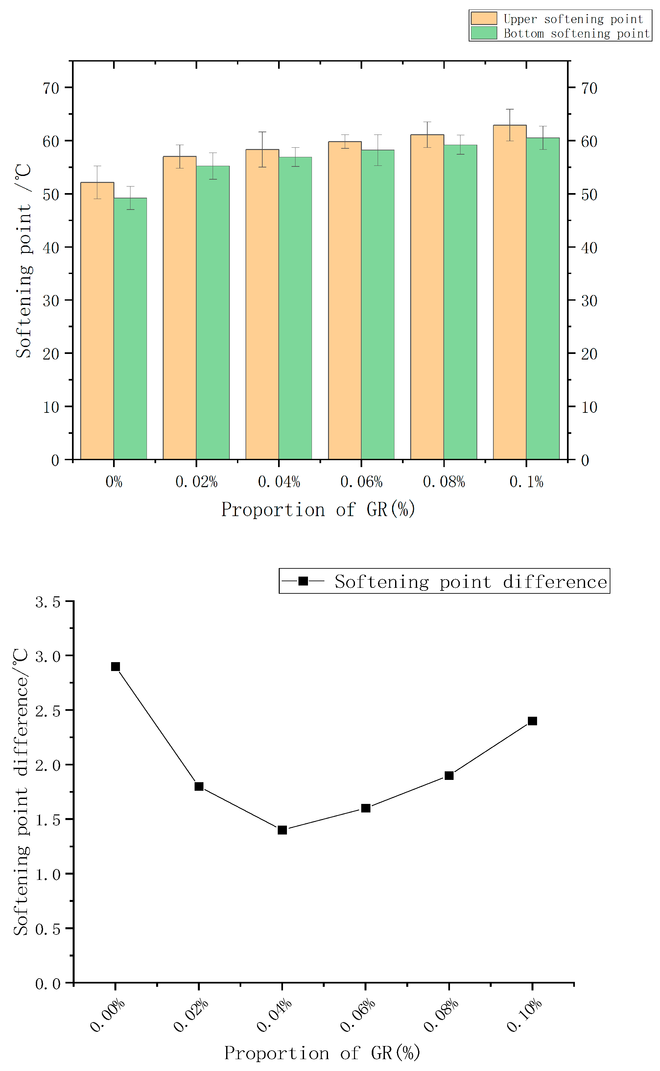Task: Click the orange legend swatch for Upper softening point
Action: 483,18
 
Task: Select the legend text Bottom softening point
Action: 576,34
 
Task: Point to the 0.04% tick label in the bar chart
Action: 279,482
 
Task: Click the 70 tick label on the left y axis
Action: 51,88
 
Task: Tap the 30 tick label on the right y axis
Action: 589,301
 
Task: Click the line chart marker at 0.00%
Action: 115,666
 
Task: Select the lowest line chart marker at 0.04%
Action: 282,830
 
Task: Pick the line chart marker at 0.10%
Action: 532,721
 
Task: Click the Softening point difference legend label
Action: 471,582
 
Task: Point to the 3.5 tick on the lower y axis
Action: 48,602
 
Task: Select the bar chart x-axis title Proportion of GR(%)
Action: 318,509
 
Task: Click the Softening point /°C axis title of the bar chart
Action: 24,261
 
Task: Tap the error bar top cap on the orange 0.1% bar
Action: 509,109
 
